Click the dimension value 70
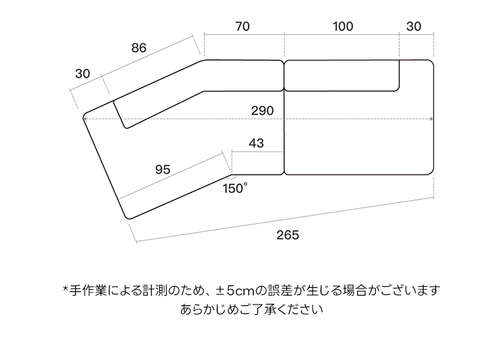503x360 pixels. tap(242, 26)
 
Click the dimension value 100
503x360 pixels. tap(343, 26)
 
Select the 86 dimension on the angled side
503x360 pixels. tap(139, 47)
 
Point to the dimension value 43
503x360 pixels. tap(256, 143)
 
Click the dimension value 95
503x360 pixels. tap(162, 169)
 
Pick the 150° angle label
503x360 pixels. tap(236, 188)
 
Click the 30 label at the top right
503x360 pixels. tap(414, 26)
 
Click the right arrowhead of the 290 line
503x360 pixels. tap(431, 119)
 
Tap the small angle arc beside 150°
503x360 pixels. tap(232, 175)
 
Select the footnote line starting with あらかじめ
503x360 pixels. tap(251, 310)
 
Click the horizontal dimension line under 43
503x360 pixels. tap(258, 152)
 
